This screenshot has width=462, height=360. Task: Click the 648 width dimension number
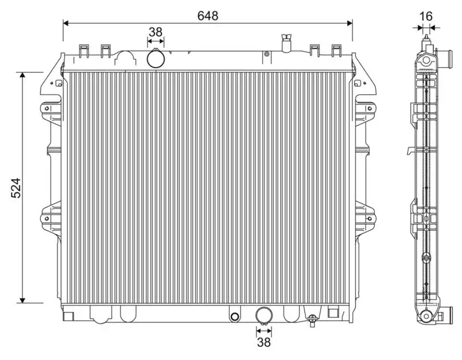point(208,16)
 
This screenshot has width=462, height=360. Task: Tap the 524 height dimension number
point(16,188)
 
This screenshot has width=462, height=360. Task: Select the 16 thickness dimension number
point(426,16)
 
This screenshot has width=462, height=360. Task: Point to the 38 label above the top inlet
point(155,32)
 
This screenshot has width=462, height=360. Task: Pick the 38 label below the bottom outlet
point(263,343)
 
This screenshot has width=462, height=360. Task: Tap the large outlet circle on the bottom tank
point(263,316)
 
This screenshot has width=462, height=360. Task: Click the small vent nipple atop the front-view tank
point(285,44)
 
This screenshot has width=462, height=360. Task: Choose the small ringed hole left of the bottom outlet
point(234,316)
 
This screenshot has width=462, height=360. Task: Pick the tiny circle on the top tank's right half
point(266,55)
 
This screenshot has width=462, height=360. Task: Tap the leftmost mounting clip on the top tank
point(83,51)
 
